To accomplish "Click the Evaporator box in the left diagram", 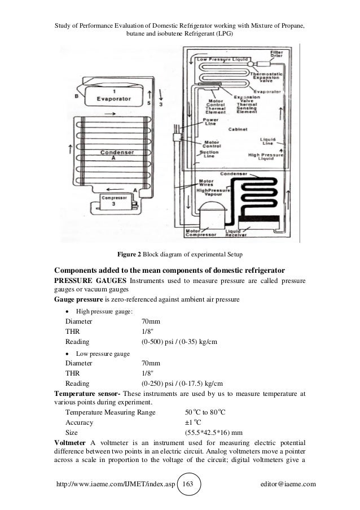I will coord(114,95).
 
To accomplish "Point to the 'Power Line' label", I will coord(211,121).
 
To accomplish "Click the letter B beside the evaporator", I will coord(77,97).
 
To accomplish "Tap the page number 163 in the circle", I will coord(188,485).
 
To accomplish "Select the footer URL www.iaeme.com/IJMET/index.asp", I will coord(113,485).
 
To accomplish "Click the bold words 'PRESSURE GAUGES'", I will coord(90,281).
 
